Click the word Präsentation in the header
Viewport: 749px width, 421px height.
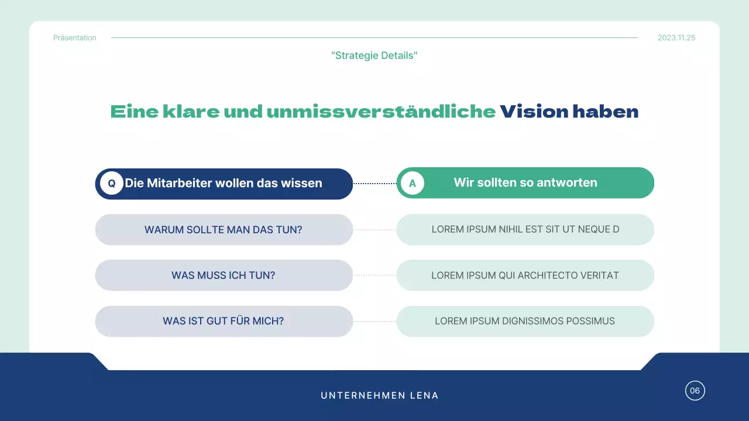75,38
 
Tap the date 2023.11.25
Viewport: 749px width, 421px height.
676,38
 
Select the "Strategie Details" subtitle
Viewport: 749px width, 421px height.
374,56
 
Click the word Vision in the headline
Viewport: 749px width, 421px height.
534,112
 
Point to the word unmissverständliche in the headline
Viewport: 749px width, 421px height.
381,112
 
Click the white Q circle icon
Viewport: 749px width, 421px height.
111,184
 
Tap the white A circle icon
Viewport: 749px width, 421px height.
413,184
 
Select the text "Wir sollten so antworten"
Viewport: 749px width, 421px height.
525,183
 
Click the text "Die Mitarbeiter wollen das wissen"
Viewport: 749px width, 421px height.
224,184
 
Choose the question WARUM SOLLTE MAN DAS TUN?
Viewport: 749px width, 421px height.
224,230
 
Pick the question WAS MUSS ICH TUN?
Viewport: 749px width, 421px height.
224,275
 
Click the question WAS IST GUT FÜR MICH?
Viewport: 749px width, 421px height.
224,321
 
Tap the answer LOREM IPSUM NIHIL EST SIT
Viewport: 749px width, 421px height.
525,229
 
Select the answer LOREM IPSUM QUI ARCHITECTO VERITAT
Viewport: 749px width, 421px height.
525,275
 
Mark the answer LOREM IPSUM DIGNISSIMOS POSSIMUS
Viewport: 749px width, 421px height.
525,321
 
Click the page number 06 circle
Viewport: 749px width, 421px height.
695,391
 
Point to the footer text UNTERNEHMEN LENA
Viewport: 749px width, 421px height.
380,396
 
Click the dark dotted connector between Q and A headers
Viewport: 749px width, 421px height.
374,184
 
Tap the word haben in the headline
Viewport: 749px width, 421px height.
606,112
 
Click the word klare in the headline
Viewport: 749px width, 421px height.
191,112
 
